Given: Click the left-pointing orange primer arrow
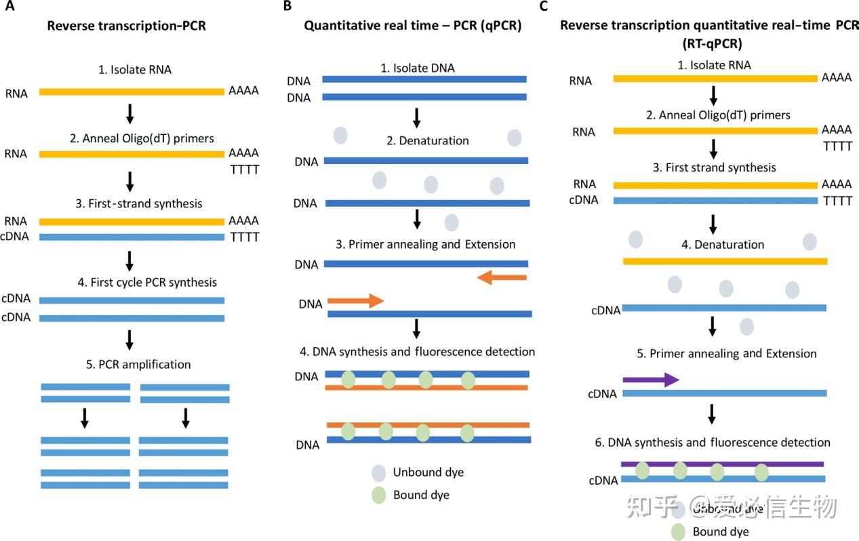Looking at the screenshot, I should coord(502,277).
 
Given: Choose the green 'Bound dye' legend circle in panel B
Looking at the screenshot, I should coord(378,495).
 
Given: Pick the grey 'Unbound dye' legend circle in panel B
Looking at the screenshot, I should coord(378,472).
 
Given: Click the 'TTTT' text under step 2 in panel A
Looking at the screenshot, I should coord(244,169).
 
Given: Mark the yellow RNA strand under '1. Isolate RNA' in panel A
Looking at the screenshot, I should coord(132,91).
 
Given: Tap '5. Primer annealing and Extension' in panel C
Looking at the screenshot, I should coord(733,353).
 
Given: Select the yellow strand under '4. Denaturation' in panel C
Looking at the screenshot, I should coord(724,261).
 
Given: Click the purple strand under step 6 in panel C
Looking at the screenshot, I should coord(722,464).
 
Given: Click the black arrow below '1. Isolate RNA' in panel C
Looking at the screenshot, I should coord(713,94).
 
